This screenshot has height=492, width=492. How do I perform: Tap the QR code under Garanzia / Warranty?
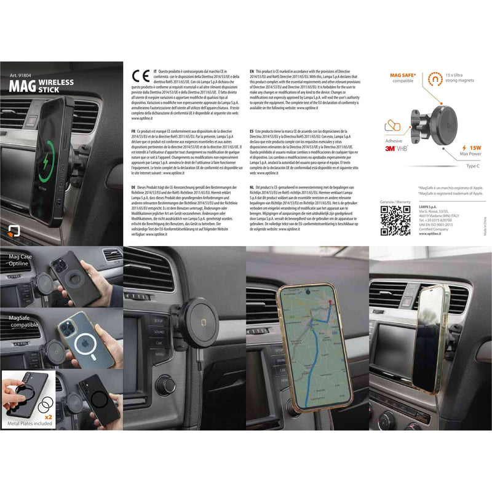coord(395,220)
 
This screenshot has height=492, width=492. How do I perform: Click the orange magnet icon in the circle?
coord(436,79)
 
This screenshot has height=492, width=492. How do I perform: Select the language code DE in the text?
coord(133,186)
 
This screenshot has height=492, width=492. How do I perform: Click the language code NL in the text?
coord(253,186)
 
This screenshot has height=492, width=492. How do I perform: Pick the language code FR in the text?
coord(133,132)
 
